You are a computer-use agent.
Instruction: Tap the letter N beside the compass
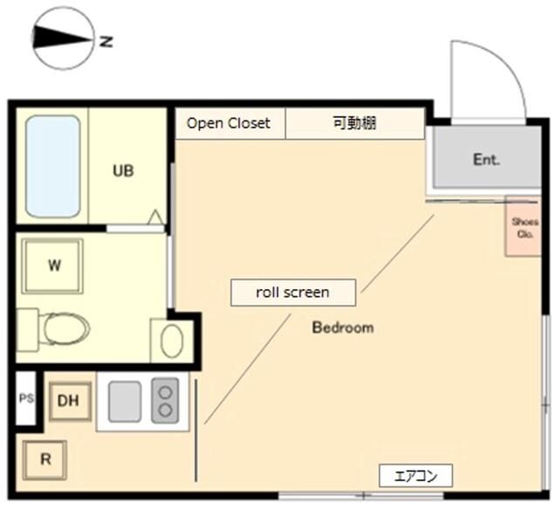106,40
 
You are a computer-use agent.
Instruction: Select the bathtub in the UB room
52,166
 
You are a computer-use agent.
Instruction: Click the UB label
123,171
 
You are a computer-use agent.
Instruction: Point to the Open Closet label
229,123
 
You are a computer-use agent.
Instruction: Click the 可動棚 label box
355,123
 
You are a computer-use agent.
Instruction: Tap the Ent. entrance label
486,160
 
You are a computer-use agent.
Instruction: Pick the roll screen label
293,293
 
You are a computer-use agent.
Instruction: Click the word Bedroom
343,328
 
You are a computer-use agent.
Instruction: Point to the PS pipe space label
26,399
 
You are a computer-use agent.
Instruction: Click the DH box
69,401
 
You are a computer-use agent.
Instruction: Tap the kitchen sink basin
125,402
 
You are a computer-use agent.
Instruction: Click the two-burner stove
163,402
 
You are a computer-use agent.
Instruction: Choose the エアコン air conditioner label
416,476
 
